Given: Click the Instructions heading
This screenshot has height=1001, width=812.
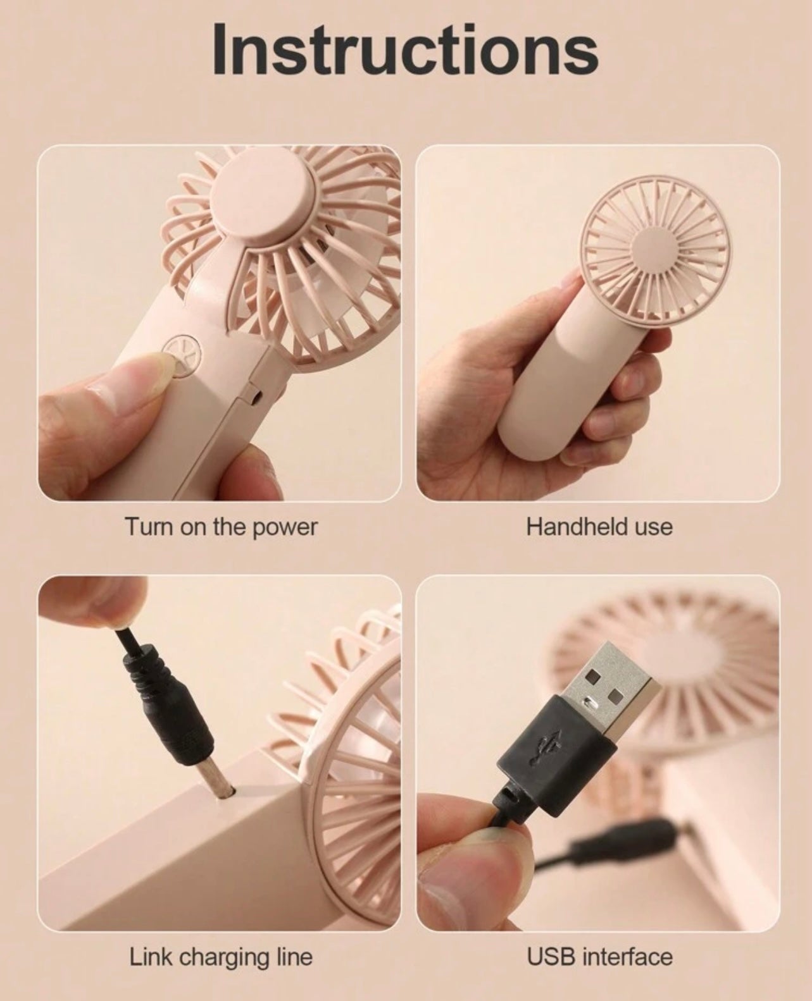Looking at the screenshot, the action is (405, 49).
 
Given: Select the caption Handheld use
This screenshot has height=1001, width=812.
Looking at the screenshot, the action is (599, 526).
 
